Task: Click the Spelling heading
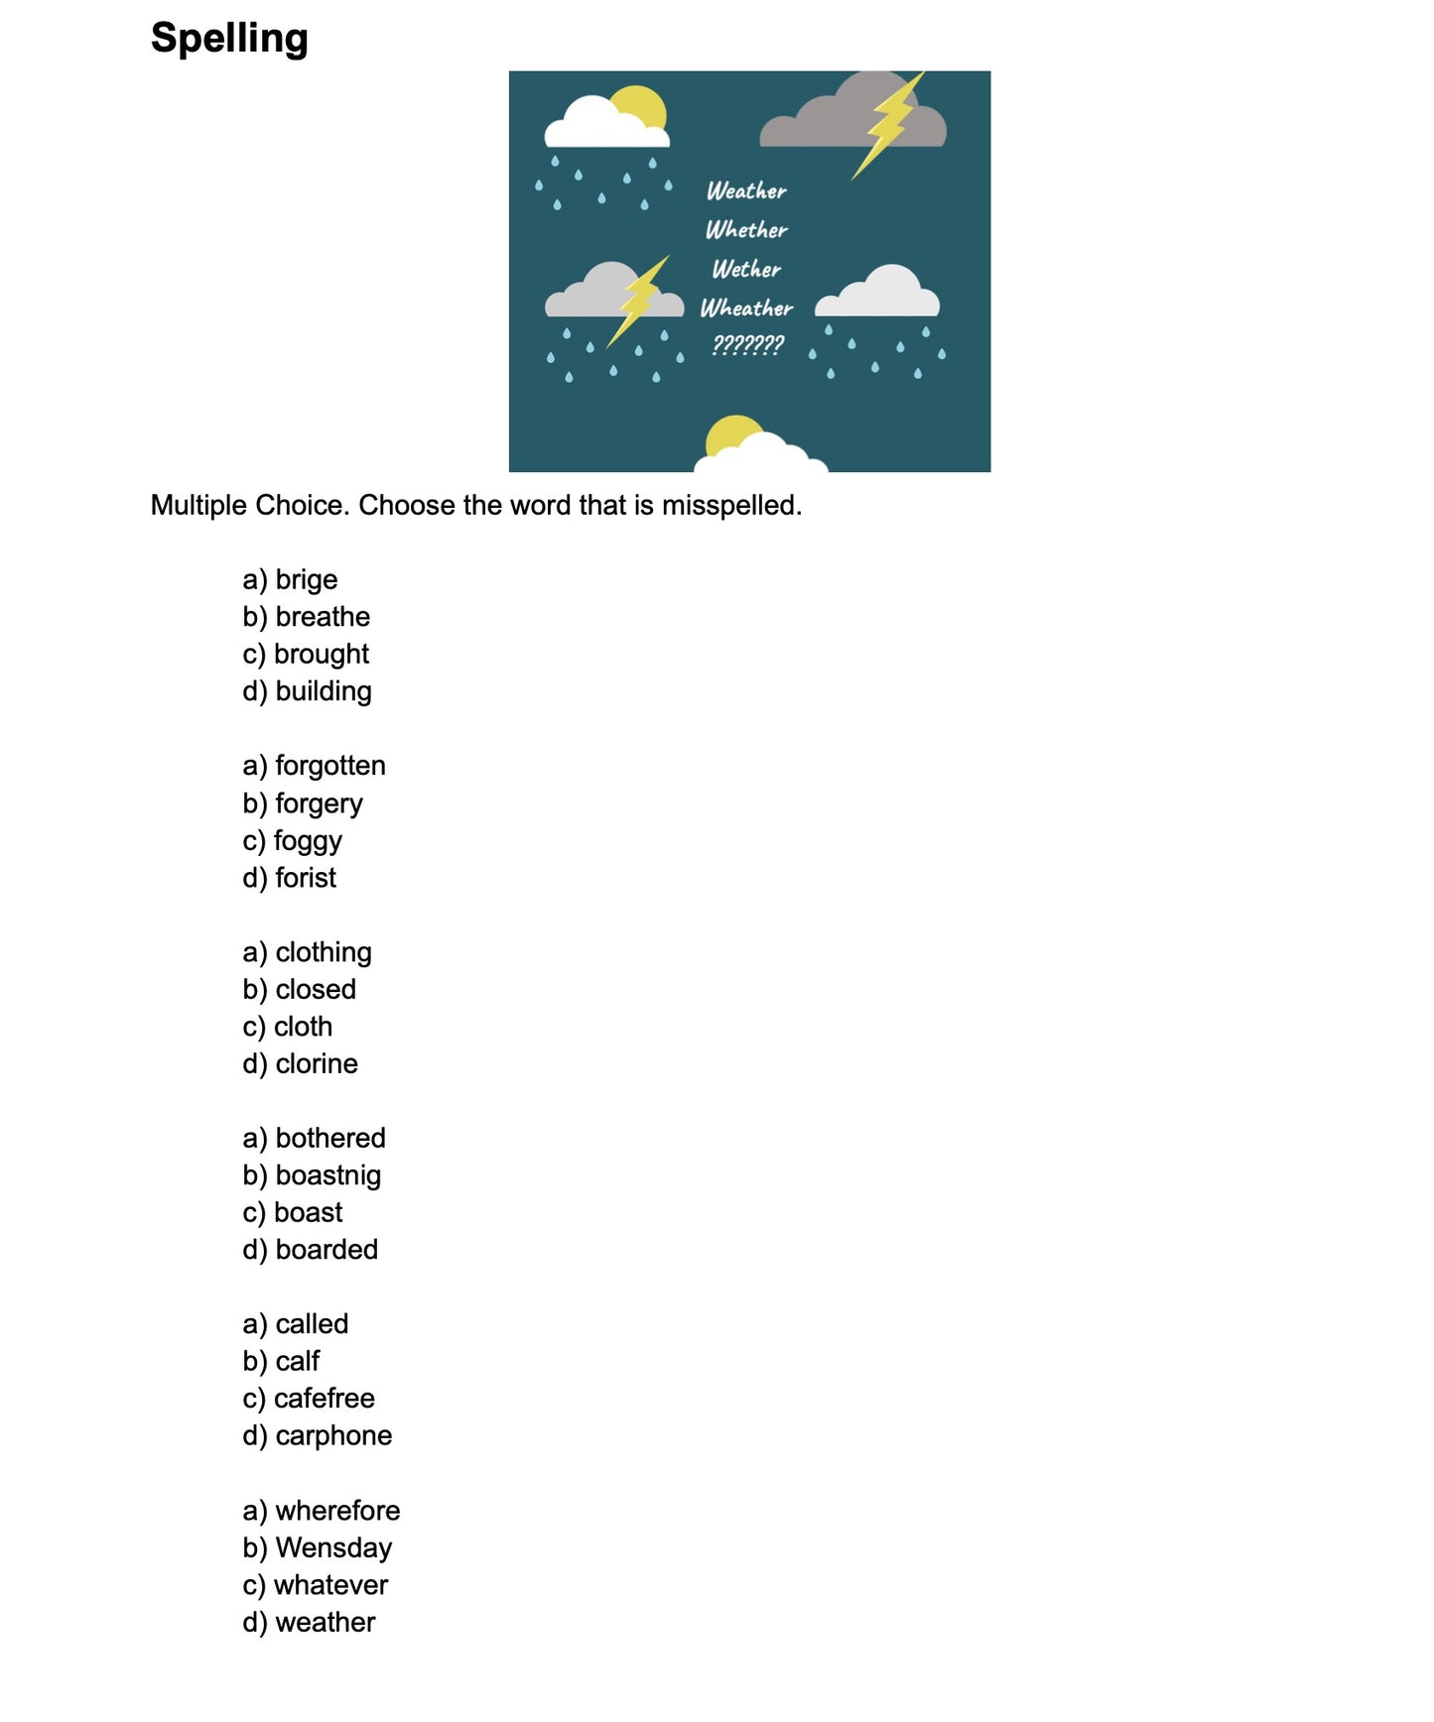[x=229, y=39]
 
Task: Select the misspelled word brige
[x=306, y=579]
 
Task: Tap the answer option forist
[x=306, y=878]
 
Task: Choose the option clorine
[x=316, y=1063]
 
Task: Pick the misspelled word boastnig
[x=327, y=1175]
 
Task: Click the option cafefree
[x=324, y=1399]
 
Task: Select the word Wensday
[x=333, y=1547]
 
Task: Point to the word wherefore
[x=337, y=1511]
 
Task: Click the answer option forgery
[x=319, y=803]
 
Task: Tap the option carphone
[x=333, y=1435]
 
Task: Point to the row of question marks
[x=748, y=345]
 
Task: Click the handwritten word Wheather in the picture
[x=746, y=307]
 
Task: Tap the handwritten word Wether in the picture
[x=746, y=269]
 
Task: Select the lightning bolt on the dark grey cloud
[x=889, y=123]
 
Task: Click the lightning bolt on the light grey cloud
[x=638, y=301]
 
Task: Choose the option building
[x=323, y=691]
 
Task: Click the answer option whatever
[x=330, y=1585]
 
